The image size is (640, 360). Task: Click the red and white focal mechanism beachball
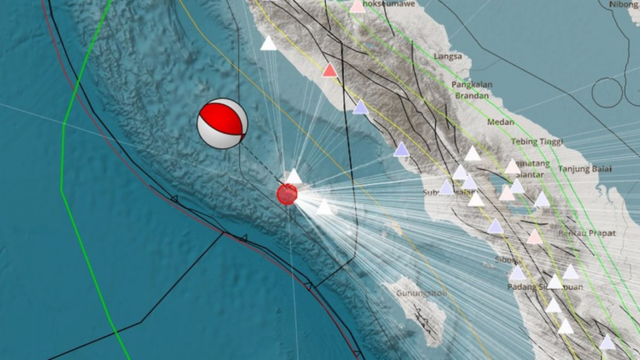click(x=222, y=124)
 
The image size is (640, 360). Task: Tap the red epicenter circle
click(x=287, y=194)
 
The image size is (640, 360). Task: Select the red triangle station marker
click(x=330, y=71)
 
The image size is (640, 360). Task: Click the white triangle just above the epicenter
click(x=293, y=176)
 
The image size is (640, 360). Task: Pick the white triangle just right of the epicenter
click(x=323, y=207)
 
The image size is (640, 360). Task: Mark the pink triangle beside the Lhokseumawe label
click(x=357, y=7)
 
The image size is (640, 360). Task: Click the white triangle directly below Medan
click(x=472, y=153)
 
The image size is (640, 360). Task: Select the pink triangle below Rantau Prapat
click(x=535, y=237)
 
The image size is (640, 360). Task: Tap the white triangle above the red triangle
click(x=268, y=43)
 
